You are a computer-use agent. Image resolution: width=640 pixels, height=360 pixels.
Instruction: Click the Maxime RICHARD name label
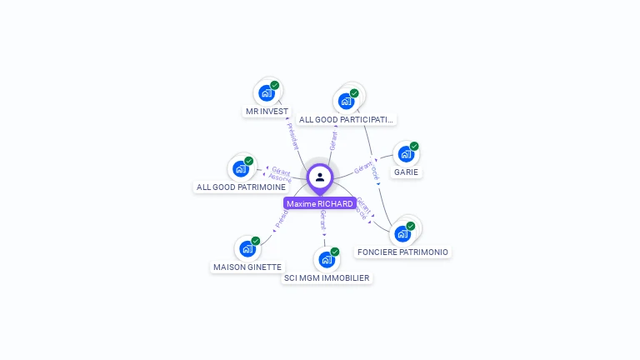click(320, 203)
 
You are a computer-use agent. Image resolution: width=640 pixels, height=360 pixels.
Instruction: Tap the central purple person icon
click(320, 177)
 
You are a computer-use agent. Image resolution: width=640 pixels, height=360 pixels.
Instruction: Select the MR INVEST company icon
click(267, 93)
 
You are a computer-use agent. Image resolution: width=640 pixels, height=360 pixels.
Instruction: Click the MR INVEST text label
click(267, 111)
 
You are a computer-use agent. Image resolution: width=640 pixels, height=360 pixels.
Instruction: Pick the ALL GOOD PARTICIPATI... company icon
click(347, 102)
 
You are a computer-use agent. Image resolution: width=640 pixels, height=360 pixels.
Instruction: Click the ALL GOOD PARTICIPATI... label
click(346, 119)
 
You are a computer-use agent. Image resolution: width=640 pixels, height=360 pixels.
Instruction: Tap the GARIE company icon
click(406, 154)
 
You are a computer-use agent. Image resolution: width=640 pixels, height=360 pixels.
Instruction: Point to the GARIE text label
click(407, 172)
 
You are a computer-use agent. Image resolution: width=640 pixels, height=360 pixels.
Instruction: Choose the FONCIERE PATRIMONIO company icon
click(402, 234)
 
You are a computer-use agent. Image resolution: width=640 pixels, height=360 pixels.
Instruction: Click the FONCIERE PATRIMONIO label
click(402, 252)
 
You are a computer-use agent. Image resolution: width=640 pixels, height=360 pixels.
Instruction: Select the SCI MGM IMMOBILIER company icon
click(327, 260)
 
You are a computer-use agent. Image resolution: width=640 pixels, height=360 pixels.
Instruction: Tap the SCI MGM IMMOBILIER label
click(327, 277)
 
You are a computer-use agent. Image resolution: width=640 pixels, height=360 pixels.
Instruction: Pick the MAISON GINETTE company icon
click(247, 249)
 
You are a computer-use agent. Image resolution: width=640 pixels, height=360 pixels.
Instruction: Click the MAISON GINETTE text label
click(247, 267)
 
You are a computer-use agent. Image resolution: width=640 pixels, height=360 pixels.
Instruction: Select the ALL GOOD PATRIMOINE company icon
click(241, 169)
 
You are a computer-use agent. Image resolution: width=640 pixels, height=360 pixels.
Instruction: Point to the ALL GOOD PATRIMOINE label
click(241, 187)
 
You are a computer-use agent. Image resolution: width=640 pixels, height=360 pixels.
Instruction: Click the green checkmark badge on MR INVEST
click(274, 86)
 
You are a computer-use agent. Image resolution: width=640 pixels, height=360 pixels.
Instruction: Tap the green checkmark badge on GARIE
click(414, 147)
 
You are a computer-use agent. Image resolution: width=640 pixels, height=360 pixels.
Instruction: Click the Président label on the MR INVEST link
click(292, 136)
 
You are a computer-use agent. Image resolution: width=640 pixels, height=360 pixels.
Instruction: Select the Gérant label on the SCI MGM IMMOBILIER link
click(322, 220)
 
